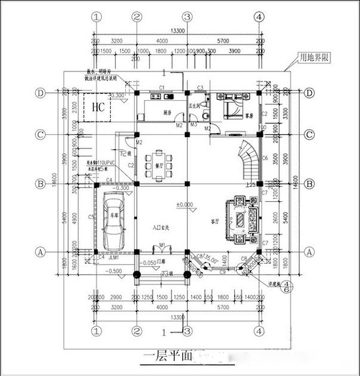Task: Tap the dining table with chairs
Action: tap(161, 162)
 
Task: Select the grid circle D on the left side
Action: tap(41, 93)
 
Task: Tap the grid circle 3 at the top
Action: tap(186, 17)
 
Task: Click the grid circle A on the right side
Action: tap(309, 251)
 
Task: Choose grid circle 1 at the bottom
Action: tap(96, 330)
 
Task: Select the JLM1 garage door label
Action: tap(114, 257)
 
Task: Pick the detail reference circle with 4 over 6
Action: tap(287, 286)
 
